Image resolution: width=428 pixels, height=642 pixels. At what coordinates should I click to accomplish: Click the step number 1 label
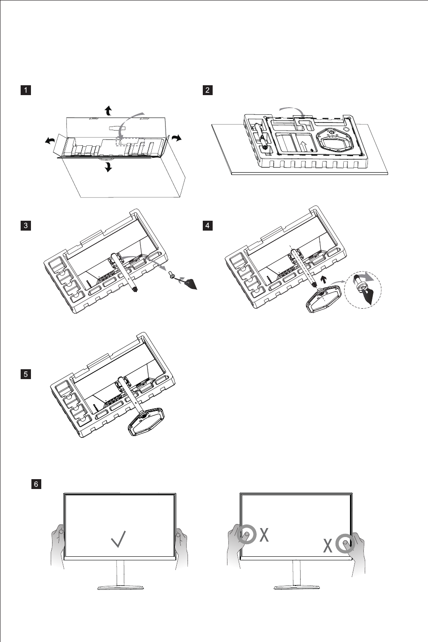point(26,90)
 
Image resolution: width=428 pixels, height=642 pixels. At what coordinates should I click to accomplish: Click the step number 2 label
point(207,90)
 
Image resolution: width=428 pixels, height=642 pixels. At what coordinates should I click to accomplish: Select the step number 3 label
point(26,225)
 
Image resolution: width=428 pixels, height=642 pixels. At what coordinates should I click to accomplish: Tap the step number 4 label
point(207,225)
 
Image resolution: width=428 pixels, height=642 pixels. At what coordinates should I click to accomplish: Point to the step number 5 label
point(26,374)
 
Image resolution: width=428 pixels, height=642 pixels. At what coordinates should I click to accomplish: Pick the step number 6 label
point(36,484)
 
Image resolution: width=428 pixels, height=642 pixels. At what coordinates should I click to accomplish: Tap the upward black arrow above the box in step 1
point(108,110)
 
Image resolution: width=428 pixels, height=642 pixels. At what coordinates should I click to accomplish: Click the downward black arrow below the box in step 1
point(108,167)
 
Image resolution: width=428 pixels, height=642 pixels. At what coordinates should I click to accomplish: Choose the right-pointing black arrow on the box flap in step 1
point(176,137)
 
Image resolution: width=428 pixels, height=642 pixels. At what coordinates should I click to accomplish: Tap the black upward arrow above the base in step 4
point(323,281)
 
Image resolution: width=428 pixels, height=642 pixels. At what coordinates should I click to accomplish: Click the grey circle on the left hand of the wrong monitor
point(246,534)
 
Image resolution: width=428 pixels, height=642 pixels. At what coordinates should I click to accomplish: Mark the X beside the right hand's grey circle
point(328,546)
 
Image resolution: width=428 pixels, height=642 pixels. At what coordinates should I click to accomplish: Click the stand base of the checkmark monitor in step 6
point(120,587)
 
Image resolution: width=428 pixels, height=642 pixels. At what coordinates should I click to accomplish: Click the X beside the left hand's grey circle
point(264,534)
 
